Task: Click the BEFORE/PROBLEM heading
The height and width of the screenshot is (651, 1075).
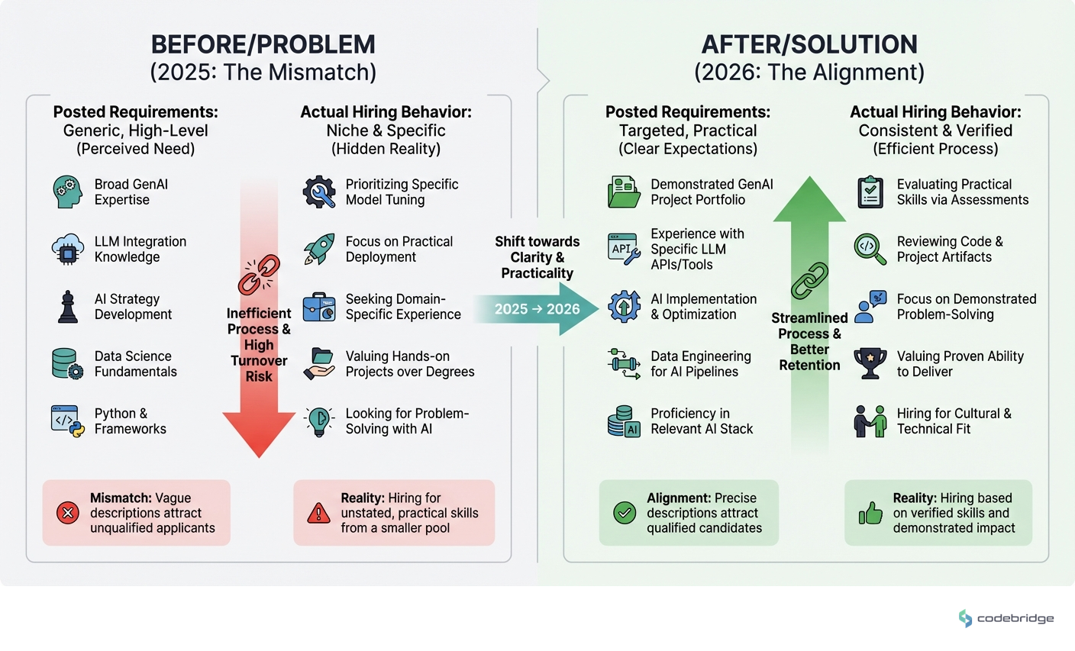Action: pyautogui.click(x=263, y=44)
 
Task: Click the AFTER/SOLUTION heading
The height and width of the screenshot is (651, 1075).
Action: pyautogui.click(x=809, y=44)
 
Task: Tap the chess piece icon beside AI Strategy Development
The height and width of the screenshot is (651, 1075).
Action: pyautogui.click(x=68, y=307)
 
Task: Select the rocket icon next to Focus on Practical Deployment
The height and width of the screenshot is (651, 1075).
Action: pyautogui.click(x=318, y=250)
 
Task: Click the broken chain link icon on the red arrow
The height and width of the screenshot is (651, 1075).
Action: pyautogui.click(x=259, y=276)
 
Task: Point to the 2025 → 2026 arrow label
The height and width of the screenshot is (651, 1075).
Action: pyautogui.click(x=537, y=309)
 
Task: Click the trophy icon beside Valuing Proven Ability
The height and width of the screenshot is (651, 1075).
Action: pyautogui.click(x=870, y=363)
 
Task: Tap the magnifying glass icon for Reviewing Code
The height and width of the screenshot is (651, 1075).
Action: pyautogui.click(x=870, y=249)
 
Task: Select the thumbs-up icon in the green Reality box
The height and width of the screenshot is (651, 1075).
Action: pyautogui.click(x=870, y=514)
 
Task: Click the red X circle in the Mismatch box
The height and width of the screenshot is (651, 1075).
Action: pyautogui.click(x=68, y=513)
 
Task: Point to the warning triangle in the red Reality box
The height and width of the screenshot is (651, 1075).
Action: pyautogui.click(x=318, y=514)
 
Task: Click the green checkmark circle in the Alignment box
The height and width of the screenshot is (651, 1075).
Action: pyautogui.click(x=625, y=513)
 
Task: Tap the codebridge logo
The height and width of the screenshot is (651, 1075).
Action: pyautogui.click(x=1006, y=618)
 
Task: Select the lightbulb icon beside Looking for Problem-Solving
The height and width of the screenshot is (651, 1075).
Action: pyautogui.click(x=318, y=421)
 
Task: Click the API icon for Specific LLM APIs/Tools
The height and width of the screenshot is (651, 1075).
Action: pyautogui.click(x=624, y=250)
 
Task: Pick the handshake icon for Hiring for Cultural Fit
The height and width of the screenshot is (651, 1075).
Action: pyautogui.click(x=870, y=421)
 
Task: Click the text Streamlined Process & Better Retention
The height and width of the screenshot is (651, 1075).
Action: pyautogui.click(x=809, y=341)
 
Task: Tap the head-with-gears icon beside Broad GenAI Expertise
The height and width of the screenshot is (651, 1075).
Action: pyautogui.click(x=68, y=192)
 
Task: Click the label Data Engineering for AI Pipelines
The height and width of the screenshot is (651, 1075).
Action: pyautogui.click(x=700, y=364)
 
